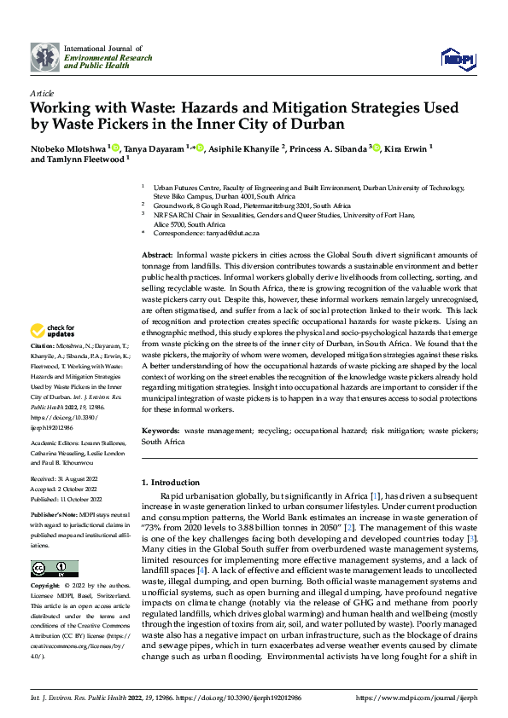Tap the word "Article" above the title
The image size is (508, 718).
tap(42, 93)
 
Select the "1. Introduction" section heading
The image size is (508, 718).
tap(170, 483)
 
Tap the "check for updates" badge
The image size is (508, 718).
tap(54, 331)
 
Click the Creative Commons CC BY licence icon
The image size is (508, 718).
tap(54, 568)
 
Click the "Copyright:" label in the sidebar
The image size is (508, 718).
tap(45, 587)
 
